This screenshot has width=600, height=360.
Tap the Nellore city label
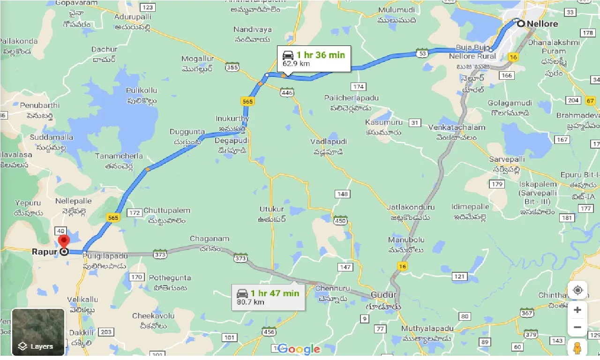[x=542, y=23]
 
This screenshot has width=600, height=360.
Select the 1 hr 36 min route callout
[x=314, y=59]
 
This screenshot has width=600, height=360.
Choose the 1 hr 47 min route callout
[x=268, y=297]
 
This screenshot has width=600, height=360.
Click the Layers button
[x=38, y=332]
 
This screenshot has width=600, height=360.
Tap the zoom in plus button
[x=577, y=310]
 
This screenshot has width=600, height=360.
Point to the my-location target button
[x=577, y=291]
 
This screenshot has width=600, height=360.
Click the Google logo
[x=299, y=349]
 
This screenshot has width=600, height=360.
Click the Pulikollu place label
[x=142, y=90]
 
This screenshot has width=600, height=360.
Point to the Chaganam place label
[x=210, y=239]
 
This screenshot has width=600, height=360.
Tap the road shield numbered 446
[x=287, y=93]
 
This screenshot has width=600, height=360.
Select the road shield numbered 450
[x=340, y=220]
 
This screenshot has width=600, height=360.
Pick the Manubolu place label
[x=406, y=240]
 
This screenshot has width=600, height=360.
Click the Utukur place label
[x=272, y=209]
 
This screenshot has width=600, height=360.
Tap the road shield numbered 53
[x=422, y=54]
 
